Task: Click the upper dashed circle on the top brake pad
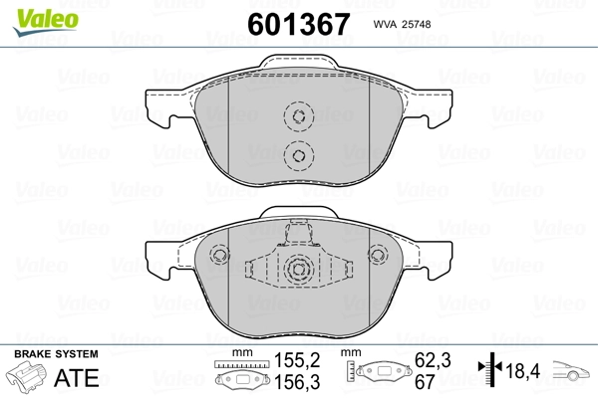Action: pyautogui.click(x=297, y=116)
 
